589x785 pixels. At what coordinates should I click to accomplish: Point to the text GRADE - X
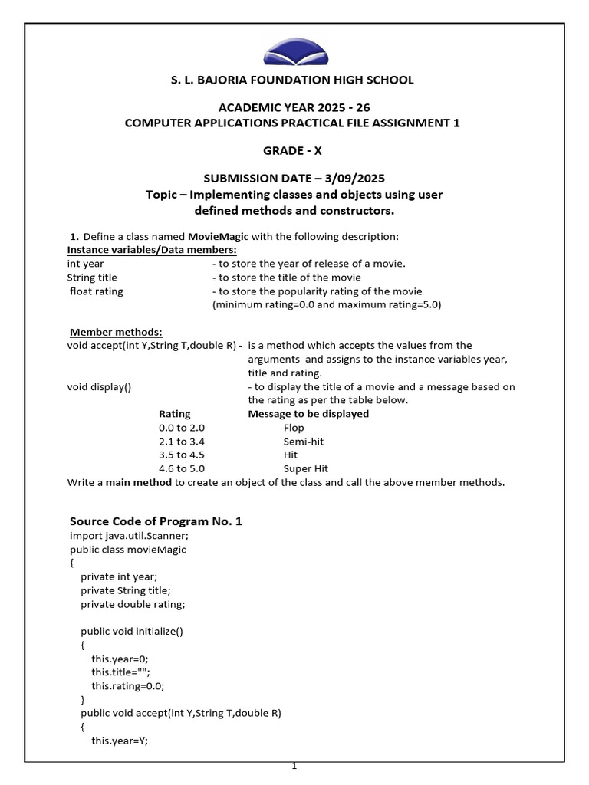(x=295, y=150)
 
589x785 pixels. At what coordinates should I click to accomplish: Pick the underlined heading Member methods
(x=116, y=332)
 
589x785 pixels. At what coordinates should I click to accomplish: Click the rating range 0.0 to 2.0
(x=182, y=428)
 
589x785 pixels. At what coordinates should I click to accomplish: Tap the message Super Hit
(x=306, y=469)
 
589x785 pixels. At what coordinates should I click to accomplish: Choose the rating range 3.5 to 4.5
(x=182, y=455)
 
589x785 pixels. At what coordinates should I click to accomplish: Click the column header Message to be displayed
(x=308, y=414)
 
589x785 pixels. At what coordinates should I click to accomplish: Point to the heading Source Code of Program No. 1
(x=156, y=521)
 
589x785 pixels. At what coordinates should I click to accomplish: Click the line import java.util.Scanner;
(x=129, y=535)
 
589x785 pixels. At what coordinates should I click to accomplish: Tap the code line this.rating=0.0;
(x=128, y=686)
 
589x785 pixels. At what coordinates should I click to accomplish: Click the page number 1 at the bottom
(x=294, y=767)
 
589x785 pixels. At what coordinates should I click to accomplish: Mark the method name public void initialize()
(x=132, y=632)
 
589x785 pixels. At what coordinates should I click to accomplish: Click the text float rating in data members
(x=96, y=291)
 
